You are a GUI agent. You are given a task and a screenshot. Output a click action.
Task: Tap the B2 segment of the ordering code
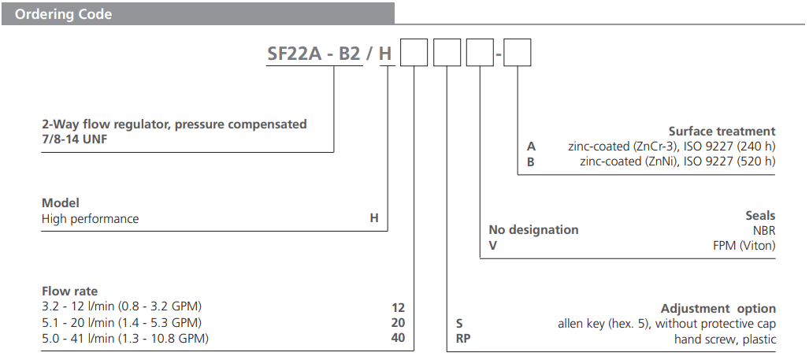[348, 55]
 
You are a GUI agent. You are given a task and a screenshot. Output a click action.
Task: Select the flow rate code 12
[397, 307]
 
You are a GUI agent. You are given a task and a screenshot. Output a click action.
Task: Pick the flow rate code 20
[397, 323]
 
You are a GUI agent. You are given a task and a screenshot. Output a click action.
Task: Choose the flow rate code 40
[397, 339]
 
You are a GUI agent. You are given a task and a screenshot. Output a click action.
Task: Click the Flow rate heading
[70, 291]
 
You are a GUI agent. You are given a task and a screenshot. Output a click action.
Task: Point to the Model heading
[61, 203]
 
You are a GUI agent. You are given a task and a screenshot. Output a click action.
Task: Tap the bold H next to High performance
[374, 219]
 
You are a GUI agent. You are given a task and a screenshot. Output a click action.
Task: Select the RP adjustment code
[464, 340]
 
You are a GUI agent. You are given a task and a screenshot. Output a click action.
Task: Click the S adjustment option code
[459, 324]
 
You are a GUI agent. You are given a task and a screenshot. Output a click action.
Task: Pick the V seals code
[493, 246]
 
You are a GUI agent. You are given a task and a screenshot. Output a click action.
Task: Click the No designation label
[533, 230]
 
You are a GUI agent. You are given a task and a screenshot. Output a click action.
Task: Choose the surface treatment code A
[531, 146]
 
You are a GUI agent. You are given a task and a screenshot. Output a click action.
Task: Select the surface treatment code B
[531, 161]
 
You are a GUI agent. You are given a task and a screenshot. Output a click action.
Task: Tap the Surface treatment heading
[722, 132]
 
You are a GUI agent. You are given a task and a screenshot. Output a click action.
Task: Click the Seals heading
[760, 215]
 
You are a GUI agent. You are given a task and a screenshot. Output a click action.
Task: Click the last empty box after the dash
[518, 55]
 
